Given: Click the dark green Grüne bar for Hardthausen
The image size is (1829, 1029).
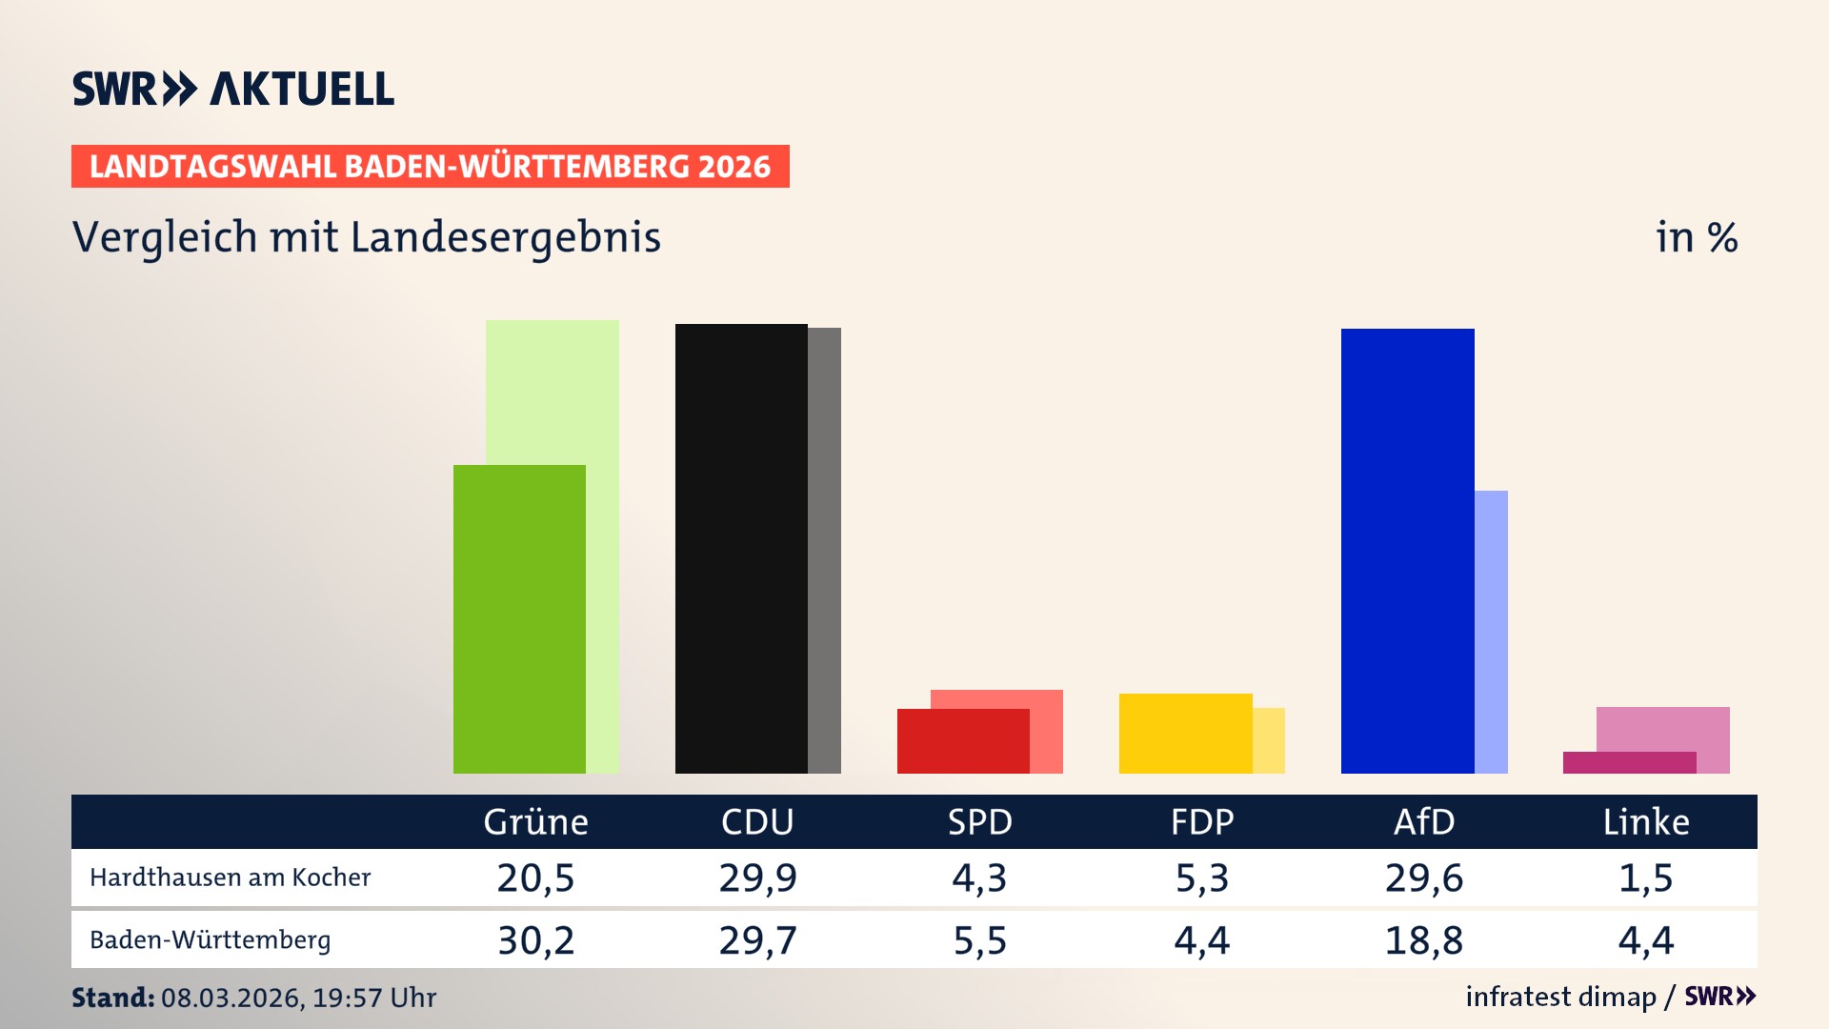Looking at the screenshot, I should (519, 619).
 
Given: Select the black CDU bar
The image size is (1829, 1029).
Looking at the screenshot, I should (741, 548).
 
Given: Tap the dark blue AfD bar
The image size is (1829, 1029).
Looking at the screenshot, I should (1407, 551).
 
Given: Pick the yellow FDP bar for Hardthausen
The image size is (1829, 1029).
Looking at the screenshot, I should (1185, 734).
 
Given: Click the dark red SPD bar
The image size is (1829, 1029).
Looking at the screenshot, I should (962, 741).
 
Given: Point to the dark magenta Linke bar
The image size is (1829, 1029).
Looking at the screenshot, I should (1629, 762).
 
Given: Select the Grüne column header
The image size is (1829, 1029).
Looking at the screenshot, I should (535, 821).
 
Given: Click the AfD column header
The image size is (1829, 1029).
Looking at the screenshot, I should (1423, 821).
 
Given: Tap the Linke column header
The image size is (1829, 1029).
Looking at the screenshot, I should (1645, 821).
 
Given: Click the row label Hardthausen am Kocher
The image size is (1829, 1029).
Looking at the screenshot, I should (230, 878).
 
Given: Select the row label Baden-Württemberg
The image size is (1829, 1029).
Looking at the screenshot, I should (210, 940).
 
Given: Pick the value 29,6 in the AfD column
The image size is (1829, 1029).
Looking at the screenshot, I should (1423, 878).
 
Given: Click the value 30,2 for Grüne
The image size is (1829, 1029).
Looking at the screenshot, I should (535, 940).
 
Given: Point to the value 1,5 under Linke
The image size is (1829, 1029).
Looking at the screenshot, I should (1645, 878).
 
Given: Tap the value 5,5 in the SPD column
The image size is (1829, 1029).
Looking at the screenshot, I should (979, 940).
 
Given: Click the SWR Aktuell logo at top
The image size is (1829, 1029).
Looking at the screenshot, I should (232, 89).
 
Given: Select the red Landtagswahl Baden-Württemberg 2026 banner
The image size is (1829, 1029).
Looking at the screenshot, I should (430, 167).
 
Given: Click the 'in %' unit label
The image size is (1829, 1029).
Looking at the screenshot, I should (1696, 237).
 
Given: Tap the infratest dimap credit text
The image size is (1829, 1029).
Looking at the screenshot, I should (1560, 997).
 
